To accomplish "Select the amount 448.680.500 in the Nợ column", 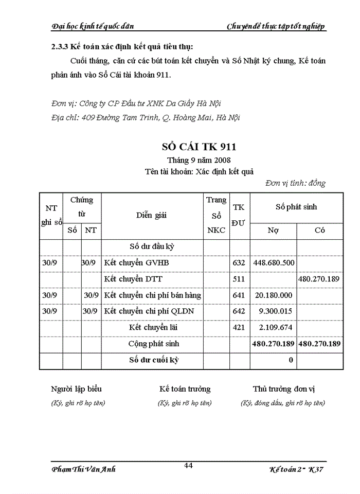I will pyautogui.click(x=274, y=263).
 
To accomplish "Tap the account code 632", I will pyautogui.click(x=239, y=263).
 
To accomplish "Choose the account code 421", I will pyautogui.click(x=239, y=327).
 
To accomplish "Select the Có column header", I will pyautogui.click(x=319, y=231).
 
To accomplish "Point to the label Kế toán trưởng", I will pyautogui.click(x=185, y=389).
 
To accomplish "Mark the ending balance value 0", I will pyautogui.click(x=291, y=360).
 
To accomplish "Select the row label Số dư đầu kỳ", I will pyautogui.click(x=152, y=246).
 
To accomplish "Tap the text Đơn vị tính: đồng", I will pyautogui.click(x=295, y=183).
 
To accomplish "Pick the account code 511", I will pyautogui.click(x=239, y=279).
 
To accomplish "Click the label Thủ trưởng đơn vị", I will pyautogui.click(x=282, y=389).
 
